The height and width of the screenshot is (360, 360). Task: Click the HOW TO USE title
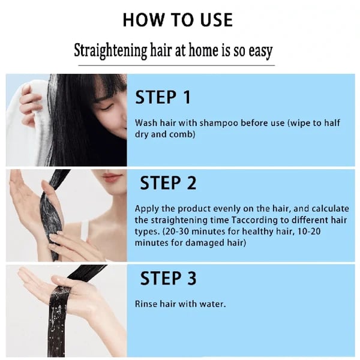(x=177, y=20)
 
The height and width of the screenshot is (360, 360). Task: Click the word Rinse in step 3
(x=146, y=304)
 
